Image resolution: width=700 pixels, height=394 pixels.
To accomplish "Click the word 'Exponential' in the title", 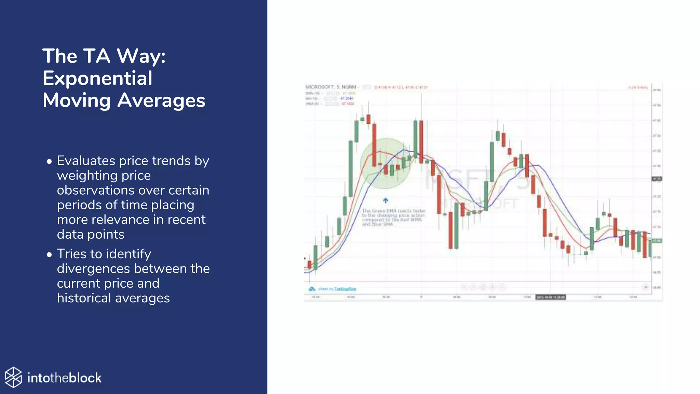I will coord(97,78).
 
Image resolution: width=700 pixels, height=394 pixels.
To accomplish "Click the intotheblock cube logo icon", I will coord(13,377).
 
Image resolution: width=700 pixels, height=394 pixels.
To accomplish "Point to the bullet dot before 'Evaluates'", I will coord(49,161).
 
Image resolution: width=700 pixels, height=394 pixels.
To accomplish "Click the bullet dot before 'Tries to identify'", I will coord(49,254).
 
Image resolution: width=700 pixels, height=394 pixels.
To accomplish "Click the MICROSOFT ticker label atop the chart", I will coord(320,87).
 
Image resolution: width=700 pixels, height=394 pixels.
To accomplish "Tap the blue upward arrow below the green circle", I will coord(386,200).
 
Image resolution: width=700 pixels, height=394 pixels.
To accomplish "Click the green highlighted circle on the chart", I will coord(386,163).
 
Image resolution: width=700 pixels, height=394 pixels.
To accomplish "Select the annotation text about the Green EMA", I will coord(393,218).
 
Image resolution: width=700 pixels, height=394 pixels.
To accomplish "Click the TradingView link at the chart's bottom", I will coord(345,289).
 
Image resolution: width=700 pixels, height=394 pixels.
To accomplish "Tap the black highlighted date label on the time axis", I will coord(550,297).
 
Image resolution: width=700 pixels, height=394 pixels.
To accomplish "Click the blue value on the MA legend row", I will coord(347,98).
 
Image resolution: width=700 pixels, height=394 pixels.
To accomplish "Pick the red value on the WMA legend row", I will coord(348,104).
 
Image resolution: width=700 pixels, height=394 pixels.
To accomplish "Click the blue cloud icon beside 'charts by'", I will coord(312,289).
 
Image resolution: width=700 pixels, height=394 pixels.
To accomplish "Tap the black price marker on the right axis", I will coord(657,179).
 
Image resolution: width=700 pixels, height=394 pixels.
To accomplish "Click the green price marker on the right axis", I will coord(657,241).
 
